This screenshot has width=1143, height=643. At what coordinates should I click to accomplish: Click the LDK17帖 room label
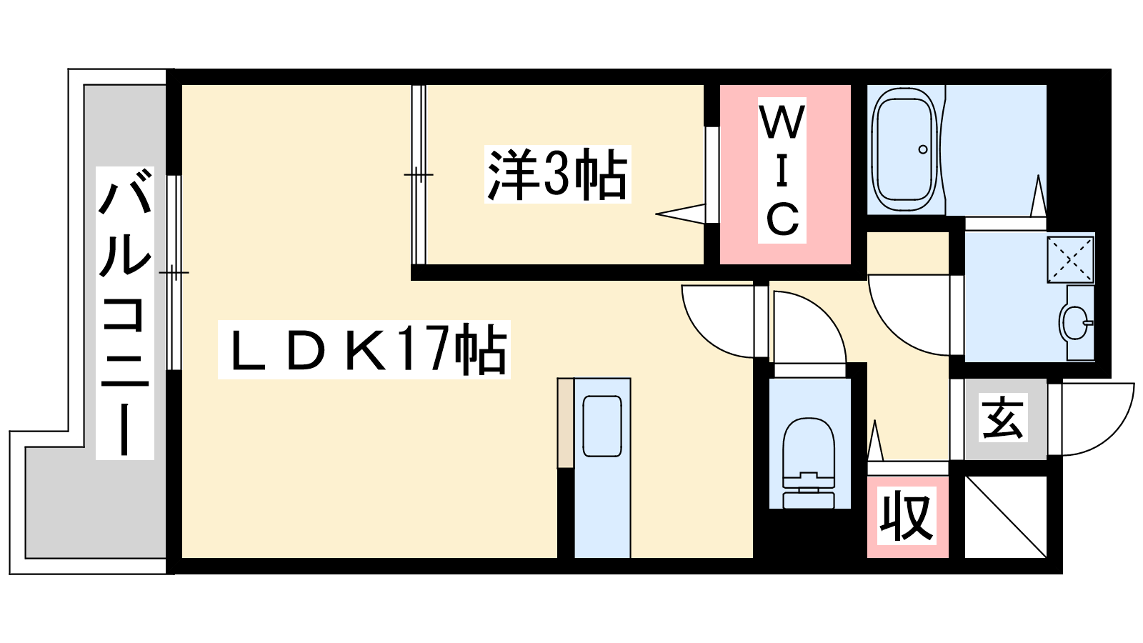pos(364,349)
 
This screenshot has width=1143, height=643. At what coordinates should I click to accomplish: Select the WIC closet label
pos(782,171)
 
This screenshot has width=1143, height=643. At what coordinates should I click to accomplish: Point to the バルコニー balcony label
pos(125,313)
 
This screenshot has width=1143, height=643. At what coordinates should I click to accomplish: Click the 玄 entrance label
pos(1003,419)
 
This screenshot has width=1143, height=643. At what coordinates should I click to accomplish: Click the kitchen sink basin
pos(602,426)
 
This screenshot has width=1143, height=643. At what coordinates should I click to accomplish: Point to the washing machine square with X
pos(1070,259)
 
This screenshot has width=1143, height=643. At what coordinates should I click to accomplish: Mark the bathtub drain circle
pos(923,149)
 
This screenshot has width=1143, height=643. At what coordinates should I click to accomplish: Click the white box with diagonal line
pos(1006,517)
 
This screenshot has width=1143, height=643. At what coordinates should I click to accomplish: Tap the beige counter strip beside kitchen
pos(565,422)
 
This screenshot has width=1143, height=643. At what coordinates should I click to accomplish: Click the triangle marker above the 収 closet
pos(875,442)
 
